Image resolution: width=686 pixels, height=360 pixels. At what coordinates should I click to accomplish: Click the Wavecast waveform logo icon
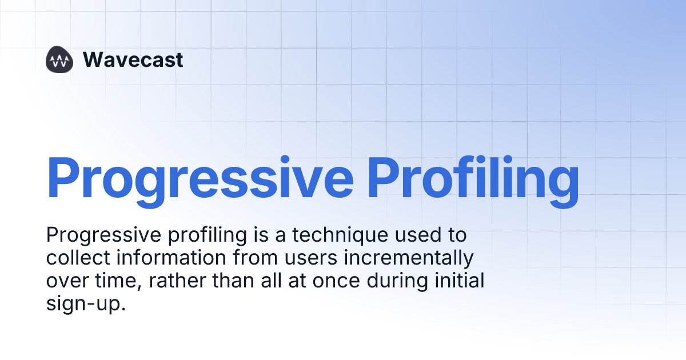pyautogui.click(x=60, y=59)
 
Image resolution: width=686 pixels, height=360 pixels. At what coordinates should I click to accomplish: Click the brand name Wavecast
pyautogui.click(x=133, y=59)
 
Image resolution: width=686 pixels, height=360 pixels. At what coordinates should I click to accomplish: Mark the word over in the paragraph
pyautogui.click(x=66, y=281)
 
